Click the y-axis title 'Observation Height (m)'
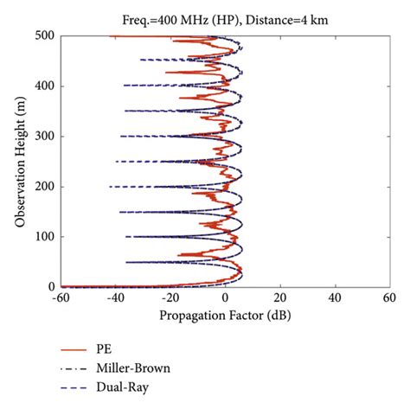coord(19,161)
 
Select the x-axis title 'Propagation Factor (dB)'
coord(223,316)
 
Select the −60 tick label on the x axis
coord(61,299)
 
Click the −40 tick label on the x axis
coord(115,299)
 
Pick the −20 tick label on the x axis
coord(170,299)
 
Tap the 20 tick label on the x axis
coord(280,299)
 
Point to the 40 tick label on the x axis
coord(335,299)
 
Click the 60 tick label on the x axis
coord(389,299)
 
